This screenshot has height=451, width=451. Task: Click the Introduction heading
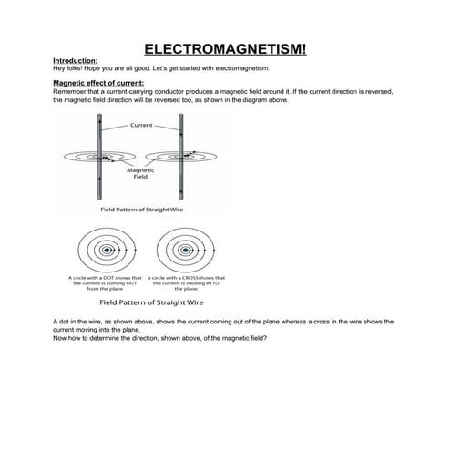[76, 61]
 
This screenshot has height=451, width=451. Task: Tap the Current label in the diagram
[141, 125]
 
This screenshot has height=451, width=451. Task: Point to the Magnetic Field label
[140, 173]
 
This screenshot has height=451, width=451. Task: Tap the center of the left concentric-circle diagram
[106, 249]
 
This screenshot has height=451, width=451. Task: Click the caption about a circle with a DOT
[105, 283]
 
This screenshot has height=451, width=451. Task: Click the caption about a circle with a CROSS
[185, 283]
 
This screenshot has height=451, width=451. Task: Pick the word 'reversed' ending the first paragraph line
[383, 92]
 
